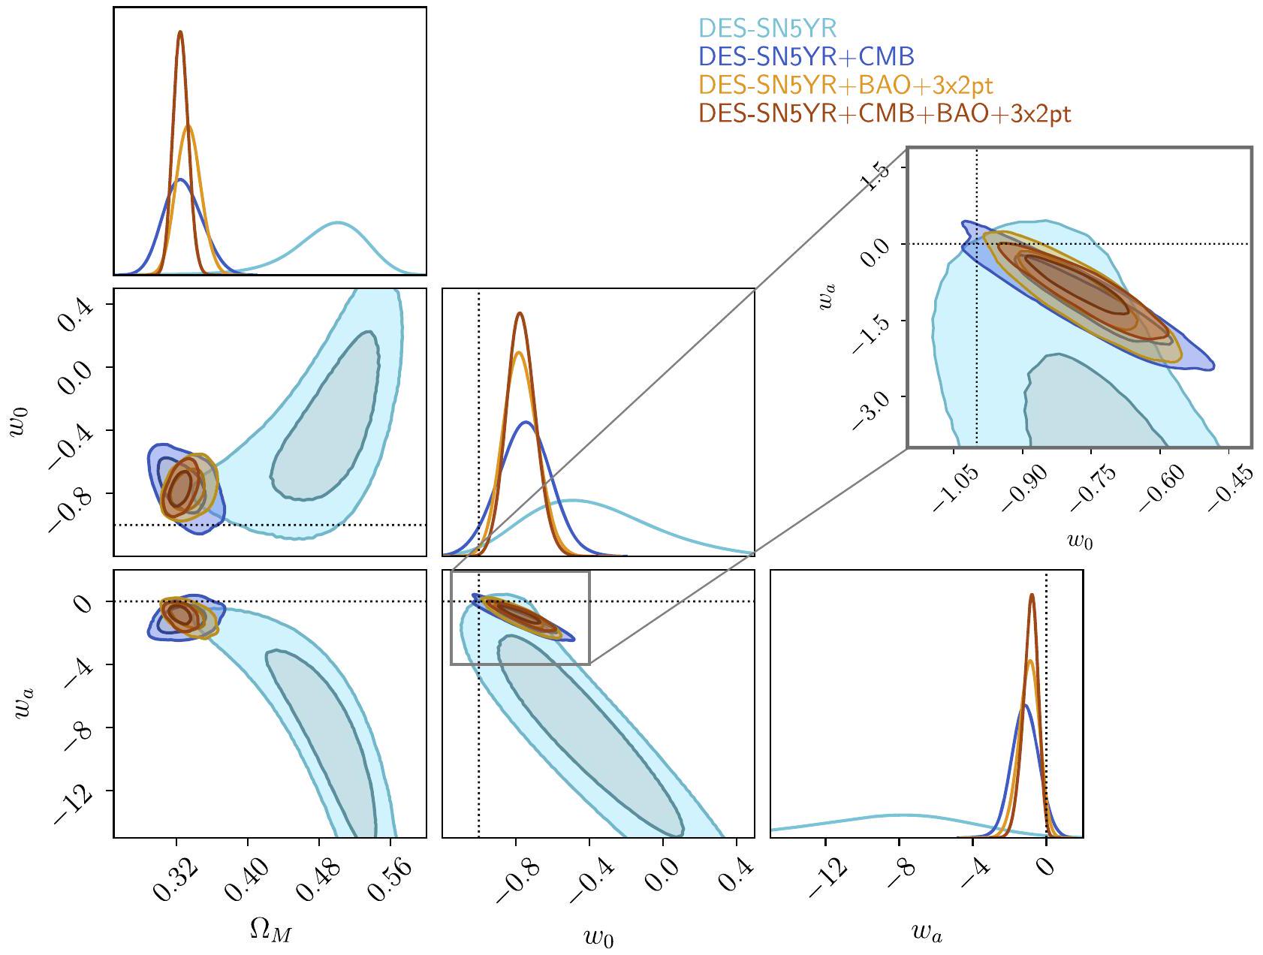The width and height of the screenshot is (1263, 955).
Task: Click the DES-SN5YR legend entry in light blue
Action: (x=767, y=29)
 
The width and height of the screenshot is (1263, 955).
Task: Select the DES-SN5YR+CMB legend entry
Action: (x=806, y=56)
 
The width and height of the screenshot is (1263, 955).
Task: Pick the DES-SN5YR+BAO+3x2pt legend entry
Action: (x=846, y=85)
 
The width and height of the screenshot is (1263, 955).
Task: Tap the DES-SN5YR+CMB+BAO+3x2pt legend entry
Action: (x=885, y=113)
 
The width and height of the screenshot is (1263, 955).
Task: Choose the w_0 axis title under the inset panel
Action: (x=1080, y=540)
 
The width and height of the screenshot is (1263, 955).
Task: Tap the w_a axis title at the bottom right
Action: (x=927, y=932)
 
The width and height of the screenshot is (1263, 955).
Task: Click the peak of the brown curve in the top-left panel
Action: (x=180, y=32)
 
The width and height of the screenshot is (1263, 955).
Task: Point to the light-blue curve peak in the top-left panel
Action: (x=338, y=222)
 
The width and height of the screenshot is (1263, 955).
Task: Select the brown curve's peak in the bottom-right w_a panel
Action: (x=1032, y=595)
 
